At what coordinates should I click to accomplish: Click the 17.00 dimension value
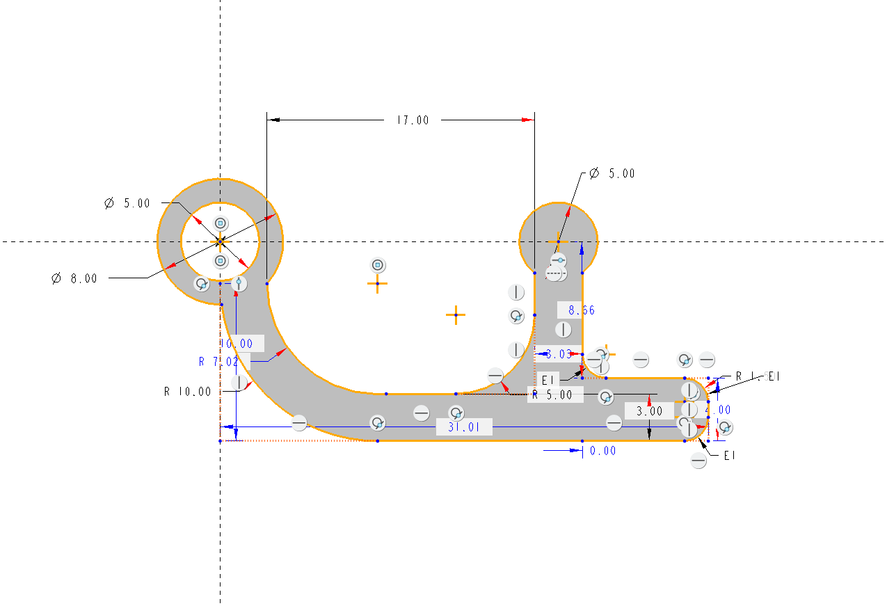(x=413, y=120)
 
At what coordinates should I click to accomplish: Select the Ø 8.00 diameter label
(x=74, y=278)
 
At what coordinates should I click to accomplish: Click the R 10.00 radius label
(x=187, y=391)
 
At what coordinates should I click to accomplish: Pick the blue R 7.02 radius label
(x=218, y=362)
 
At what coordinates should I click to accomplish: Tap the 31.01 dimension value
(x=463, y=427)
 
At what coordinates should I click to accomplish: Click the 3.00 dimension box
(x=650, y=411)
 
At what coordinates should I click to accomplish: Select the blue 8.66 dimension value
(x=582, y=310)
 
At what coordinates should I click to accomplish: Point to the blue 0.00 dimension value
(x=602, y=451)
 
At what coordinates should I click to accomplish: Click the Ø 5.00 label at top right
(x=612, y=174)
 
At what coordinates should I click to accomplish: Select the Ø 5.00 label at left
(x=127, y=203)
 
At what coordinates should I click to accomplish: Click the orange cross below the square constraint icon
(x=378, y=284)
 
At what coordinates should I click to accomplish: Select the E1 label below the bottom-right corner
(x=729, y=456)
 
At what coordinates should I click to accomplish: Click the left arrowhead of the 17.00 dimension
(x=273, y=120)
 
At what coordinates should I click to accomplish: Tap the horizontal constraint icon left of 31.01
(x=421, y=413)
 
